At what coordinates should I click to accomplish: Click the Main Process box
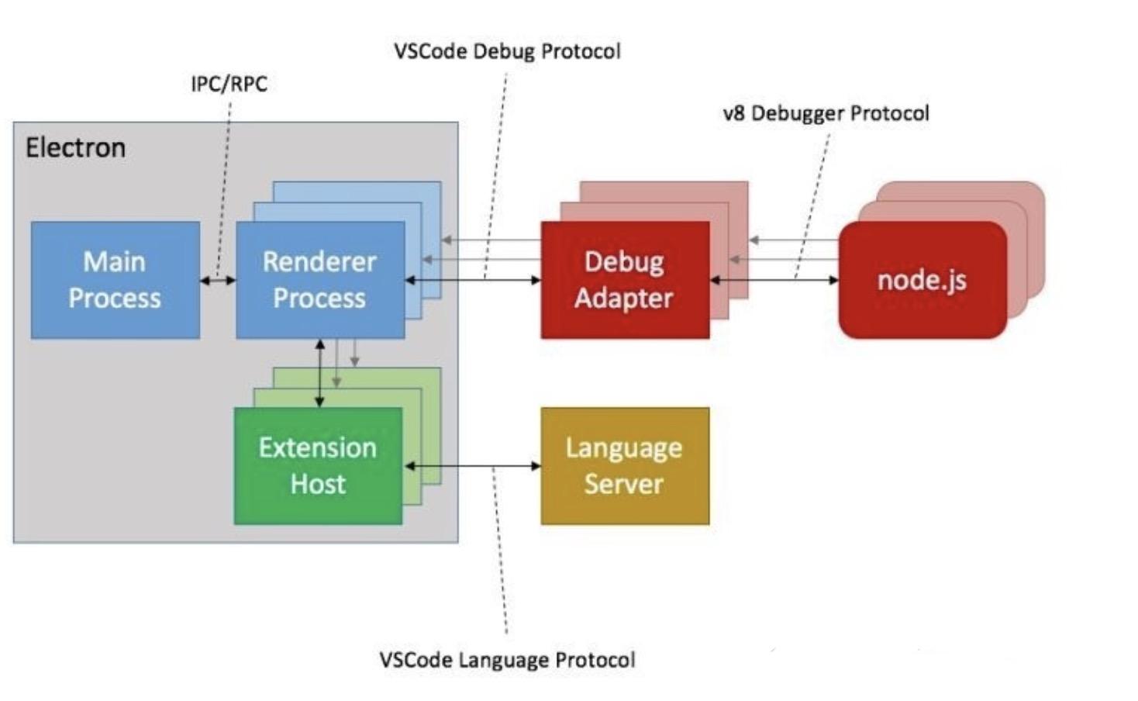tap(116, 280)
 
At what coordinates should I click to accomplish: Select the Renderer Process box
tap(321, 280)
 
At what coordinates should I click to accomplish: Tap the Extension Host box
tap(319, 465)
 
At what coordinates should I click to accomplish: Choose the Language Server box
tap(626, 465)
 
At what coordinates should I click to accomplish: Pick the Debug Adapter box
tap(626, 280)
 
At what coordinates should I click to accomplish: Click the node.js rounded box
tap(923, 280)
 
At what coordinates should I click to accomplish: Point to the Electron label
tap(76, 148)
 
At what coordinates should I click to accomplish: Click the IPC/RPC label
tap(229, 84)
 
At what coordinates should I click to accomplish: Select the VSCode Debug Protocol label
tap(508, 51)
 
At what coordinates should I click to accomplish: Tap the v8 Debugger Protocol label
tap(826, 113)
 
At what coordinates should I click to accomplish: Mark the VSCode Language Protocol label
tap(508, 660)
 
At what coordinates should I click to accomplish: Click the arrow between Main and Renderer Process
tap(218, 280)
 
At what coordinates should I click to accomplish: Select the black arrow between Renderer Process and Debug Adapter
tap(473, 280)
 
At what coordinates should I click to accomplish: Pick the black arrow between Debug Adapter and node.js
tap(774, 280)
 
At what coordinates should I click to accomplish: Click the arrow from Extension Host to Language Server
tap(472, 465)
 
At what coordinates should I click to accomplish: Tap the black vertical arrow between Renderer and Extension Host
tap(320, 374)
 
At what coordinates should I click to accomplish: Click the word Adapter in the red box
tap(624, 299)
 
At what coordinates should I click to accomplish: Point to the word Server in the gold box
tap(624, 483)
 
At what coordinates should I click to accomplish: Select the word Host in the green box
tap(319, 483)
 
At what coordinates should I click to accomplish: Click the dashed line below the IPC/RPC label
tap(224, 189)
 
